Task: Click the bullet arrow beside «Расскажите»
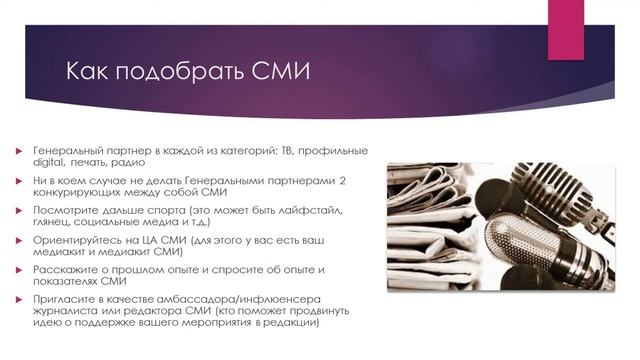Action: [x=18, y=271]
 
